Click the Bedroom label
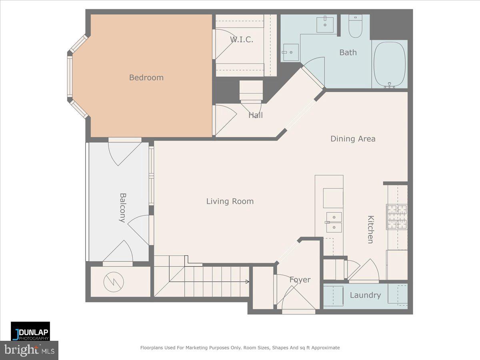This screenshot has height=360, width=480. click(x=146, y=78)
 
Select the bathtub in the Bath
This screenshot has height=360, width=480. click(x=389, y=64)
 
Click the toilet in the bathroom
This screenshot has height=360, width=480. click(x=355, y=27)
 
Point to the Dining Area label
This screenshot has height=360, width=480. click(x=352, y=139)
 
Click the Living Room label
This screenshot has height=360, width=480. click(x=230, y=201)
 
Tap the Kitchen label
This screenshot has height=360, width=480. click(x=370, y=229)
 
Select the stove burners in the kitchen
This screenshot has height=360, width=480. click(x=396, y=217)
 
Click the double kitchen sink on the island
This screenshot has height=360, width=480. click(x=334, y=222)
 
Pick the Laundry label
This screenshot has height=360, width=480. click(x=365, y=295)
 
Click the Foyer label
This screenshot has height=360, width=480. click(x=300, y=280)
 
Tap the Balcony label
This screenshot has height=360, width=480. click(x=123, y=208)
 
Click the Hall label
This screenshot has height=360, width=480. click(x=256, y=115)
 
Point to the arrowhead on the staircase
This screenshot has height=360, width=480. click(x=247, y=282)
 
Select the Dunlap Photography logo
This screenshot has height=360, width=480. click(x=30, y=331)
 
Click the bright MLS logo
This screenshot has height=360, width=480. click(x=29, y=350)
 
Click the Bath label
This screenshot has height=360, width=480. click(x=348, y=52)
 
